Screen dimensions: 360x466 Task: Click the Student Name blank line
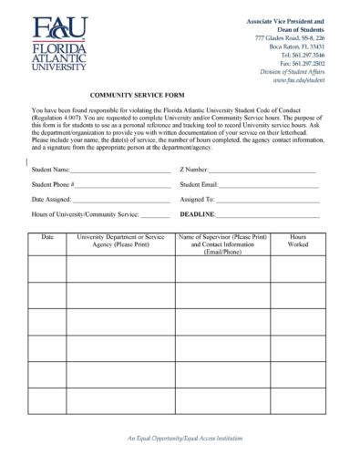tap(119, 171)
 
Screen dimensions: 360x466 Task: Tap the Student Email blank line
tap(270, 185)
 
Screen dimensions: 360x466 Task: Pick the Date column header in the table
tap(47, 237)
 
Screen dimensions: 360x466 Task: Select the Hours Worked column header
tap(298, 241)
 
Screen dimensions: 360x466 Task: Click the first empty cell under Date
tap(47, 269)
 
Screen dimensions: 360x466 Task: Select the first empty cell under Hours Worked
tap(298, 269)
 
